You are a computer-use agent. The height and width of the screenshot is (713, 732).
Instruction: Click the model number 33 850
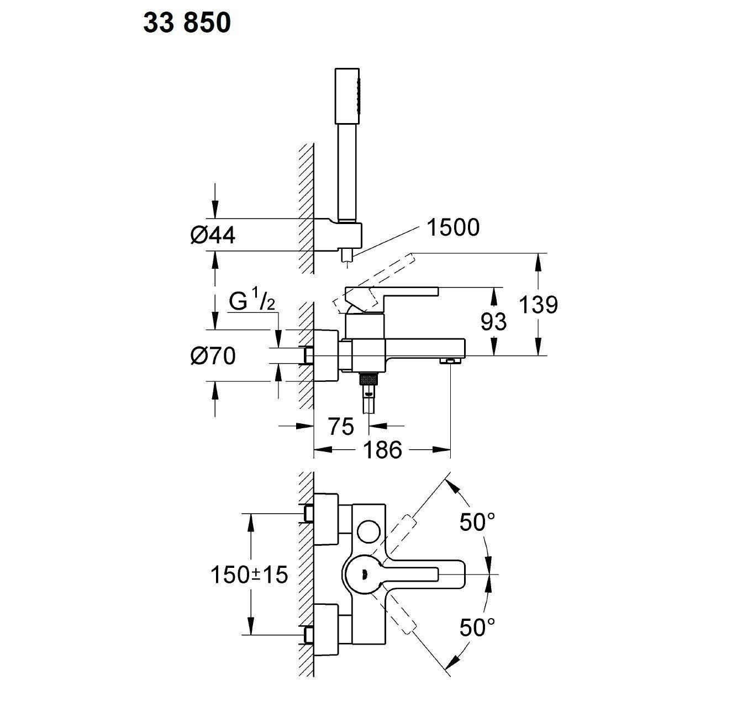point(187,24)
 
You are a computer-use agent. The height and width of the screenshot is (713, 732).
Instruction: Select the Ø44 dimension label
point(213,236)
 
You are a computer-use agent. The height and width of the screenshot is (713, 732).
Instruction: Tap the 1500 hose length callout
point(453,227)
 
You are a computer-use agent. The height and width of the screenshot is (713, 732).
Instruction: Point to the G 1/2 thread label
point(251,303)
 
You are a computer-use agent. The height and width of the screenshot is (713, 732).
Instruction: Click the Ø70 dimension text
point(213,356)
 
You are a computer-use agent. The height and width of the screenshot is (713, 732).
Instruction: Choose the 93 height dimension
point(493,321)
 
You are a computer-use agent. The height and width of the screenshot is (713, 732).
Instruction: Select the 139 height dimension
point(538,305)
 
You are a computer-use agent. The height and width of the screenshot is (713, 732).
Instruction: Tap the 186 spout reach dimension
point(382,450)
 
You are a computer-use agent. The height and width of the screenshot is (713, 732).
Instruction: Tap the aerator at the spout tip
point(450,360)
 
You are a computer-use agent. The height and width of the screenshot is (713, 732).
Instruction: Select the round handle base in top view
point(362,574)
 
